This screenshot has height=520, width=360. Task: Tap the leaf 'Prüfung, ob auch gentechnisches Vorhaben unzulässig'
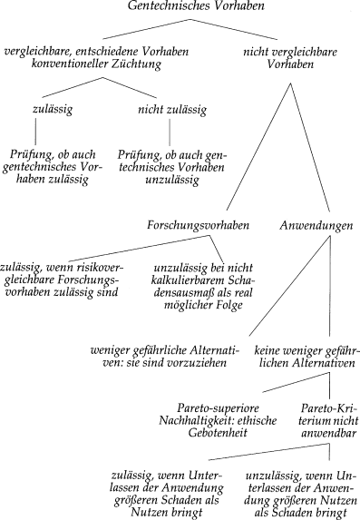[x=168, y=167]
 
